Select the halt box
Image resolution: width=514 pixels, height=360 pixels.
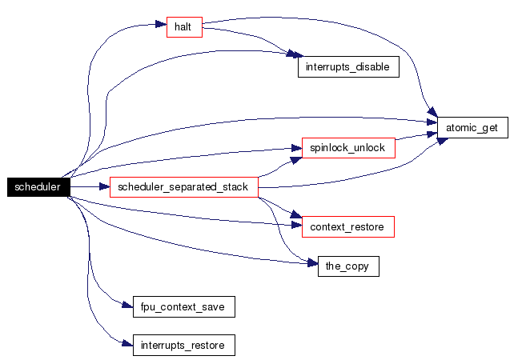point(183,27)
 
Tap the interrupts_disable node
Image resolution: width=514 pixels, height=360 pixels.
point(348,66)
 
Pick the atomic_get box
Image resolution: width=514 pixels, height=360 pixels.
point(472,127)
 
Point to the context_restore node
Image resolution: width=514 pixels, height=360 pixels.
point(348,227)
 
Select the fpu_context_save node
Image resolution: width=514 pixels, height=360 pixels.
point(183,306)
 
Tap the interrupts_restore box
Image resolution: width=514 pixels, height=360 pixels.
point(183,346)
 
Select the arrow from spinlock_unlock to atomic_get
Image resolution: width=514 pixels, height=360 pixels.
point(416,139)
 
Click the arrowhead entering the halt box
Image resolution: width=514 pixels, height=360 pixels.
point(162,26)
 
